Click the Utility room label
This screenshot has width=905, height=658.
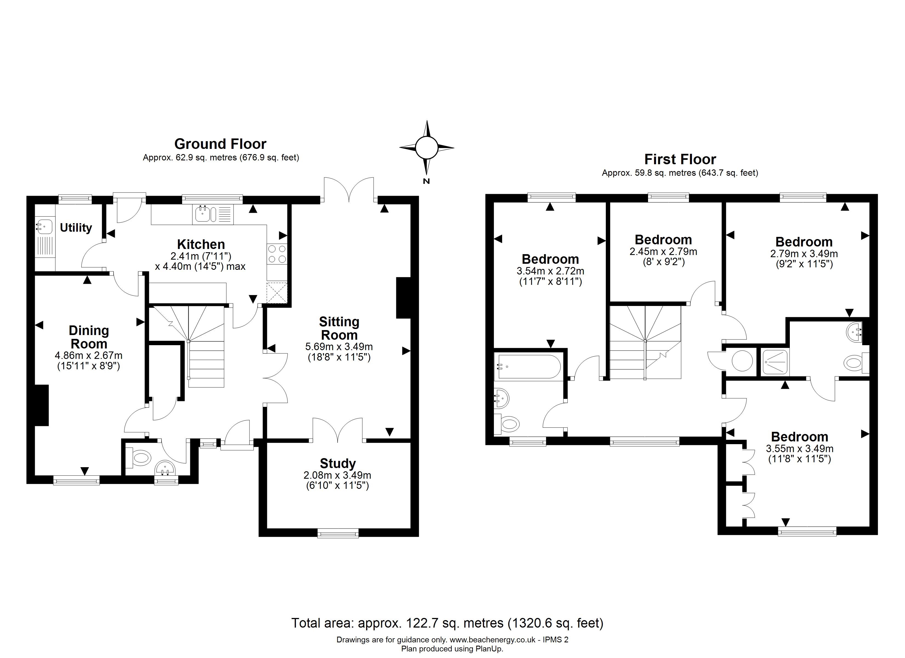(76, 228)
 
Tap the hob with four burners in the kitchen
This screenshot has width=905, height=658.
(277, 254)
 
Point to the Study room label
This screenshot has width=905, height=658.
(338, 463)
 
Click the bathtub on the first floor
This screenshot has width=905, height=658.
(528, 366)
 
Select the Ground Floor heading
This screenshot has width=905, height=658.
(220, 144)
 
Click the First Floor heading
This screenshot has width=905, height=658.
(680, 159)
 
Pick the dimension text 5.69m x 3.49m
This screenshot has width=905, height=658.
(339, 347)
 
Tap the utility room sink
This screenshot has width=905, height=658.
(44, 226)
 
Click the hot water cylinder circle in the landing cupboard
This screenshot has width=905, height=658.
(742, 361)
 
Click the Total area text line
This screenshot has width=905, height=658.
(447, 623)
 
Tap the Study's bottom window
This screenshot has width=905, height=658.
(338, 533)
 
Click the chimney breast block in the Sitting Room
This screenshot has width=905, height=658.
(403, 298)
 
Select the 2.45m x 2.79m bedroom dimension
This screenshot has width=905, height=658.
(663, 251)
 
